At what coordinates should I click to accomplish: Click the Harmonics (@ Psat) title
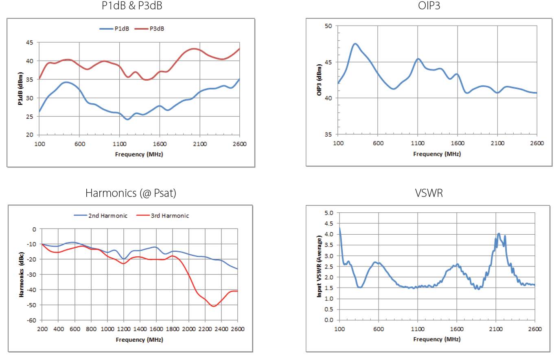(x=131, y=193)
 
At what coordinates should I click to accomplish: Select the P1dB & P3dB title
(x=129, y=6)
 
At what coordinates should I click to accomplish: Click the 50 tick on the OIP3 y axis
(x=328, y=26)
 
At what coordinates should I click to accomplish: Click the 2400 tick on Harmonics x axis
(x=221, y=329)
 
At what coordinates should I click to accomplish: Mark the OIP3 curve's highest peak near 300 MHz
(x=355, y=44)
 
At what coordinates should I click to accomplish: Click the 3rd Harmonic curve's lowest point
(x=213, y=306)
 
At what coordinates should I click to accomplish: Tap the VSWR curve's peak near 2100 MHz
(x=499, y=233)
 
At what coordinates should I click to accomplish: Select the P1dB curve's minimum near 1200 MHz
(x=127, y=120)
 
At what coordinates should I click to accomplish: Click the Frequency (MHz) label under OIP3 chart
(x=437, y=154)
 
